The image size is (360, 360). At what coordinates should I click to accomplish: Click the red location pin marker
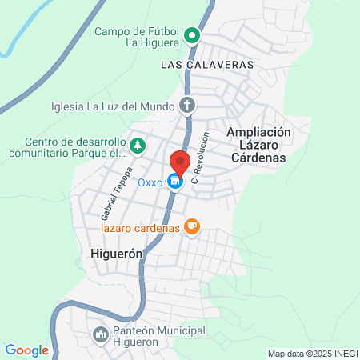(179, 162)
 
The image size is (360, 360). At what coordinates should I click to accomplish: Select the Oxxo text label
(150, 182)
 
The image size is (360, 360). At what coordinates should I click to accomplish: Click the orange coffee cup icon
(190, 227)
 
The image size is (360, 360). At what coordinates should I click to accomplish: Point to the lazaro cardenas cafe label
(139, 228)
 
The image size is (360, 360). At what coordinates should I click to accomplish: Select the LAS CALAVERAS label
(207, 63)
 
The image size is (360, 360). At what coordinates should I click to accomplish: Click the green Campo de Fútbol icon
(191, 35)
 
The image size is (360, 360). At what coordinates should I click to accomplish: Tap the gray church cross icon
(187, 105)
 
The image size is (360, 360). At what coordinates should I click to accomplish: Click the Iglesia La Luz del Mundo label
(112, 104)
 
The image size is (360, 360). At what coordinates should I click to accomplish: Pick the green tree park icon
(138, 146)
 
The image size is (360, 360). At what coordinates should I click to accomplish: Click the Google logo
(26, 350)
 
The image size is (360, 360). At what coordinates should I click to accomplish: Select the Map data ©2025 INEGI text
(312, 354)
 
